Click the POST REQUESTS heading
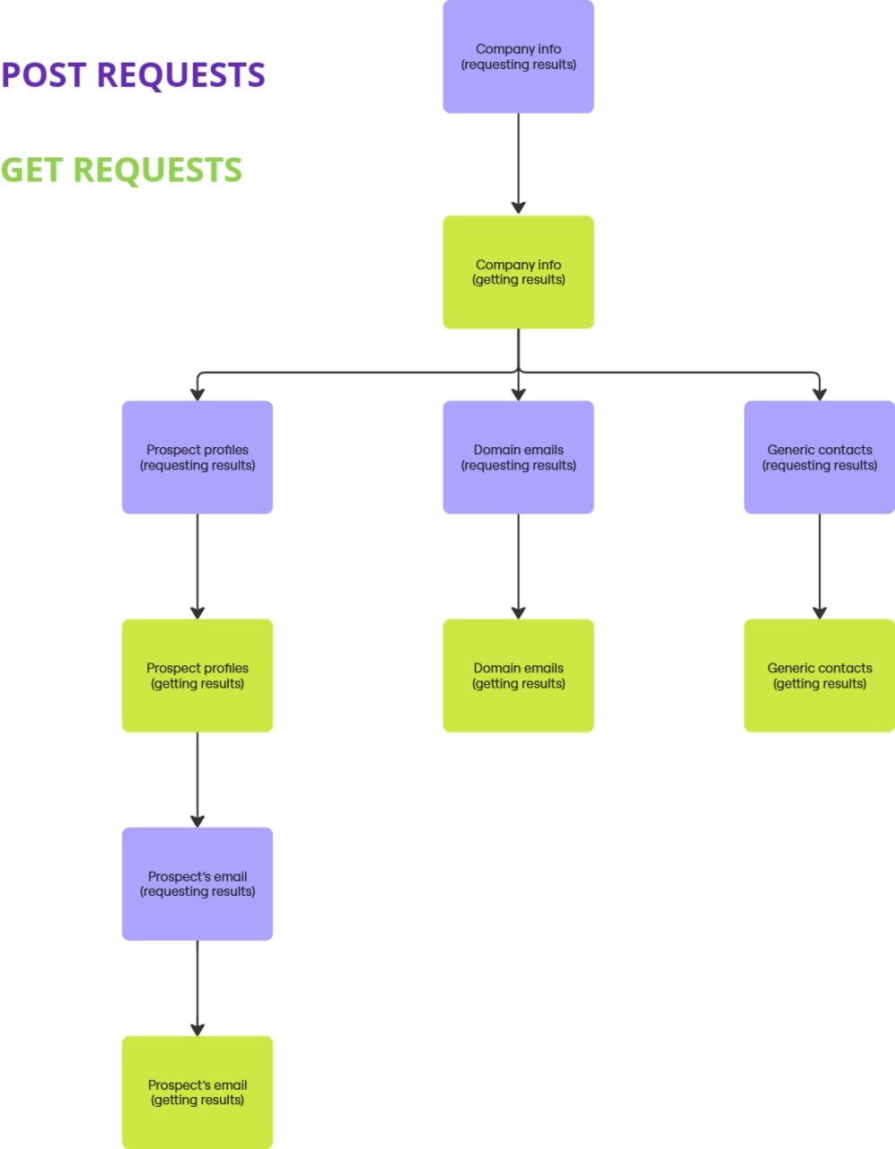(133, 75)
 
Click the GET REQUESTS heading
(121, 170)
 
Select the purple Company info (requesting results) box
(518, 57)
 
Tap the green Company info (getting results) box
(518, 272)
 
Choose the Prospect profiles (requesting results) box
(197, 457)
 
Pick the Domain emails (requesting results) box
(518, 457)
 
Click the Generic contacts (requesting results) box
(820, 457)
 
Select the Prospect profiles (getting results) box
(197, 675)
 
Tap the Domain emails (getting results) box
(518, 675)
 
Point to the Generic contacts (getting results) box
(820, 675)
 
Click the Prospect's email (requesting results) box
(197, 883)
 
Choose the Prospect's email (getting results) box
(197, 1092)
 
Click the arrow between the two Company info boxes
(518, 164)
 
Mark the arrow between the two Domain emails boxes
(518, 566)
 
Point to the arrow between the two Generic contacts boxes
(820, 566)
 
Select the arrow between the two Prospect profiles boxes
(197, 566)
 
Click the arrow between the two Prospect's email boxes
(197, 987)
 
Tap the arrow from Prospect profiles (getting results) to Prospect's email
(197, 779)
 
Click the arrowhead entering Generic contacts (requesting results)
(820, 394)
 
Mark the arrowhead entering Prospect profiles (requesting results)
(197, 394)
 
